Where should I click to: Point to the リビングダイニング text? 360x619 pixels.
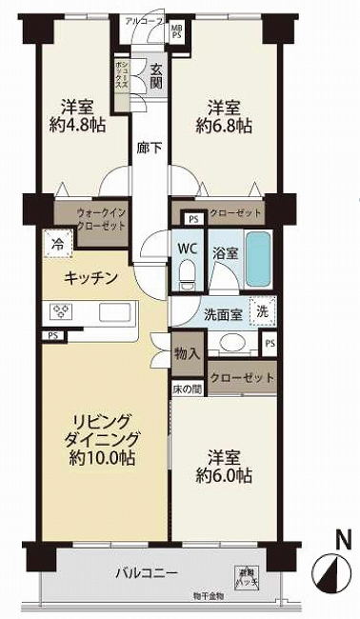click(102, 431)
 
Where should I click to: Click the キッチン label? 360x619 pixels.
click(90, 277)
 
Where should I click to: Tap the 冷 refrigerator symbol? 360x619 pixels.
click(56, 243)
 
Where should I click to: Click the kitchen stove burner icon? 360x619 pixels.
click(61, 310)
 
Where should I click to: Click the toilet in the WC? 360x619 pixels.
click(188, 274)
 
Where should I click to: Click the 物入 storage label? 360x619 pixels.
click(187, 353)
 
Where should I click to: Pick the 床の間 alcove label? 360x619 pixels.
click(187, 388)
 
